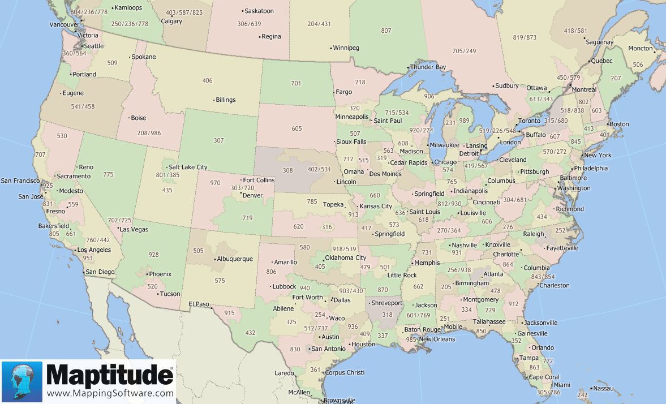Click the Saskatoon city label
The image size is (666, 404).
pos(259,11)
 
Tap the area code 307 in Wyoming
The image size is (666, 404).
pos(218,140)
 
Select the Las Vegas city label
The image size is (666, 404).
pos(135,229)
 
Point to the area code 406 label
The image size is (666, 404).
pos(208,81)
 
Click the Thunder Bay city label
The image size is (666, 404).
pos(428,67)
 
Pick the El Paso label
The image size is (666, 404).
pos(199,304)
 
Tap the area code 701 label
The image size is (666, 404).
pos(296,84)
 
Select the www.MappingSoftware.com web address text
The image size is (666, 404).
pos(110,393)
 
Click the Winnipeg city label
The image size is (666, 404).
pos(346,48)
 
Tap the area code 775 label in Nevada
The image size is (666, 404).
pos(109,175)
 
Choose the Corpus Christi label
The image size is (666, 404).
pos(345,373)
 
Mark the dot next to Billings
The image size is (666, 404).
pos(213,101)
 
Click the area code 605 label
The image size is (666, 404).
pos(297,128)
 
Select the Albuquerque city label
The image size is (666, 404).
pos(234,259)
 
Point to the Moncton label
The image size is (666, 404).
pos(641,49)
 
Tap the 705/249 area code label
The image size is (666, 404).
pos(464,51)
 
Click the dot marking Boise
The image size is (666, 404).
pos(128,118)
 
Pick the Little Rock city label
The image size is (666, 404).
pos(402,276)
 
